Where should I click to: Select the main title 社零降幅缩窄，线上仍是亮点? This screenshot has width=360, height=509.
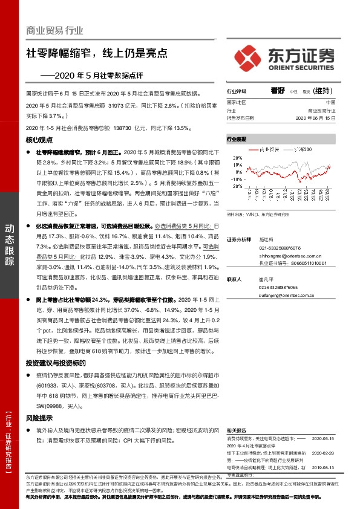(96, 53)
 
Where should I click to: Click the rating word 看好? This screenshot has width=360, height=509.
(278, 91)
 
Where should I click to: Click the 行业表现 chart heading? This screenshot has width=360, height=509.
(237, 139)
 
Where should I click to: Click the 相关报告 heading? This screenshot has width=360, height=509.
(237, 427)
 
